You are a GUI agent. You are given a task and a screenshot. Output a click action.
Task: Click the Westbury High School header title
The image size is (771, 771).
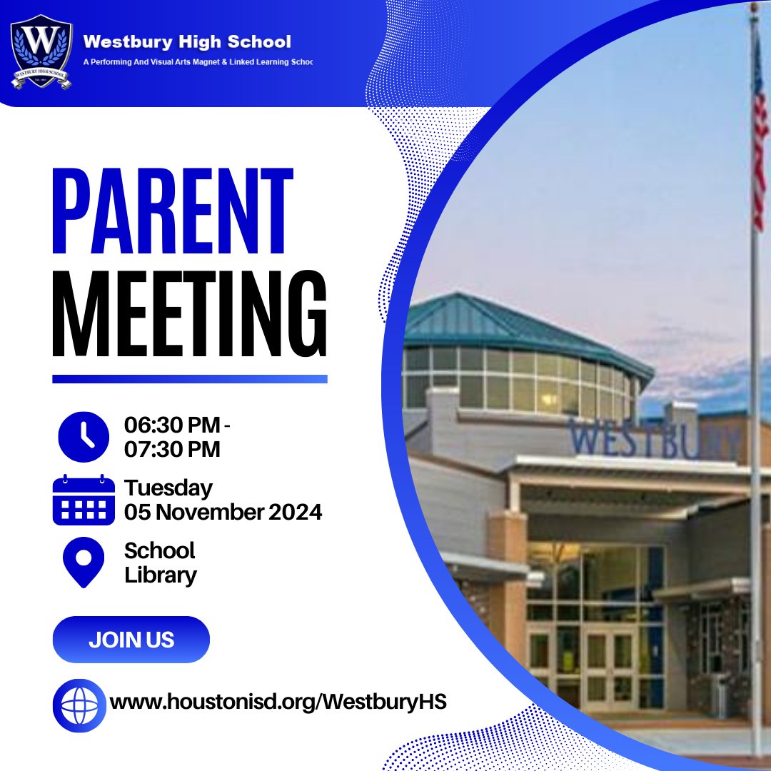click(187, 42)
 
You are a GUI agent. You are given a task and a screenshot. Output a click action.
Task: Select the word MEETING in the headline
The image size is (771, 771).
click(190, 316)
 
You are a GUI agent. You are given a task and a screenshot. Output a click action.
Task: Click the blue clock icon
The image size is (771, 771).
click(84, 437)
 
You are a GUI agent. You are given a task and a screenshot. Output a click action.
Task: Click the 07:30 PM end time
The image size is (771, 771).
click(172, 449)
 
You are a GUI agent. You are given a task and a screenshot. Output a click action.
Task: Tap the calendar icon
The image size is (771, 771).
click(84, 500)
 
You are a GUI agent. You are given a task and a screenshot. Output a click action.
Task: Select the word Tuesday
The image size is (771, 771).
click(168, 488)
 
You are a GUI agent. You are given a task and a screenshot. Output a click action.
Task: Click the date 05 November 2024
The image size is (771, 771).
click(223, 512)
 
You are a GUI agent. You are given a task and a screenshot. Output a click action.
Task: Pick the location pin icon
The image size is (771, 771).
click(84, 562)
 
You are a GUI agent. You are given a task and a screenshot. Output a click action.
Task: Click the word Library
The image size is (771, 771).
click(161, 575)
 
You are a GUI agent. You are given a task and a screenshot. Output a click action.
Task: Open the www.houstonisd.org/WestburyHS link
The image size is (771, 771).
click(278, 702)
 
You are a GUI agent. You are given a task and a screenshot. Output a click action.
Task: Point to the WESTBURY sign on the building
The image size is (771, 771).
click(653, 440)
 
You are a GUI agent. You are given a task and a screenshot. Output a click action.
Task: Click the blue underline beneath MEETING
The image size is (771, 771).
click(190, 379)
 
